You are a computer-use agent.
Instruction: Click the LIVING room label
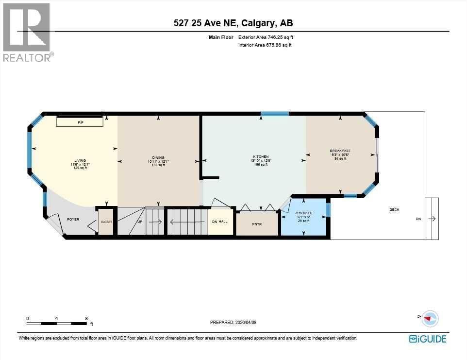point(80,160)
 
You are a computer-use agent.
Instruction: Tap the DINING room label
point(158,157)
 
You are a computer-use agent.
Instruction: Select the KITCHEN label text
point(261,157)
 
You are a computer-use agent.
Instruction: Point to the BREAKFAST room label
point(340,151)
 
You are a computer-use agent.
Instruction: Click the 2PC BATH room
point(304,217)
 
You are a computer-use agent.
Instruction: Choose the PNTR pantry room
point(257,224)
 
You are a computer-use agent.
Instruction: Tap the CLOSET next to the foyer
point(106,222)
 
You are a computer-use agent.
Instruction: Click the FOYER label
point(73,220)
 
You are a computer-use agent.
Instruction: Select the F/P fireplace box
point(81,122)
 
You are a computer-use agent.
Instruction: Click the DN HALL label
point(220,222)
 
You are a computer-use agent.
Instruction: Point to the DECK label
point(394,210)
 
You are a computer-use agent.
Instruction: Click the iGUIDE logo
point(427,339)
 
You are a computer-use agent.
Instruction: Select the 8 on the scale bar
point(86,319)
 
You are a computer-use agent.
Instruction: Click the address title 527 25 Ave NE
point(233,23)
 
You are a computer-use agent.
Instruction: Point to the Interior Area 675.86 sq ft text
point(265,45)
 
